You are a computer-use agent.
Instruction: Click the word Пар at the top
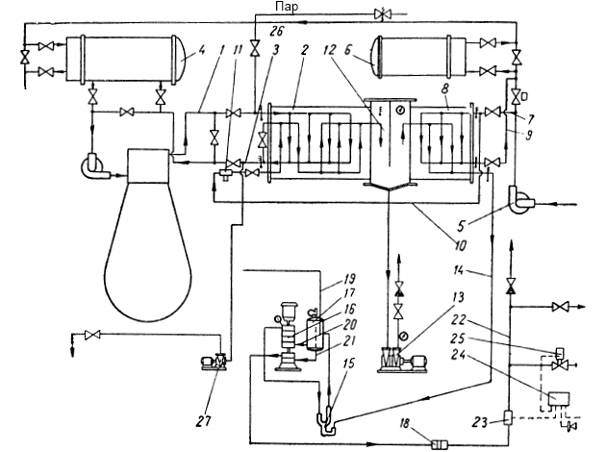(x=287, y=7)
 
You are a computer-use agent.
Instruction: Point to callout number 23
(x=481, y=422)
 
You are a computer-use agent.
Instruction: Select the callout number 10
(x=461, y=245)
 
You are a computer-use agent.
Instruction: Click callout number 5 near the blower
(x=461, y=225)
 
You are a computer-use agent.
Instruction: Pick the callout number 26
(x=277, y=31)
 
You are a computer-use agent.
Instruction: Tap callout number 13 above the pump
(x=458, y=298)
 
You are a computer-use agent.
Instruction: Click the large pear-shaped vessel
(x=148, y=236)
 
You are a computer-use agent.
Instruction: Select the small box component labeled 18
(x=439, y=444)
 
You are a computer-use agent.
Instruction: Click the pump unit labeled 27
(x=215, y=362)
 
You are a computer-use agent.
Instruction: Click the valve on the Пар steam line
(x=383, y=14)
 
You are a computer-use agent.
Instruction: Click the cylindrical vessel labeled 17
(x=315, y=331)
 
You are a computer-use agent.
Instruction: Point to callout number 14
(x=459, y=270)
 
